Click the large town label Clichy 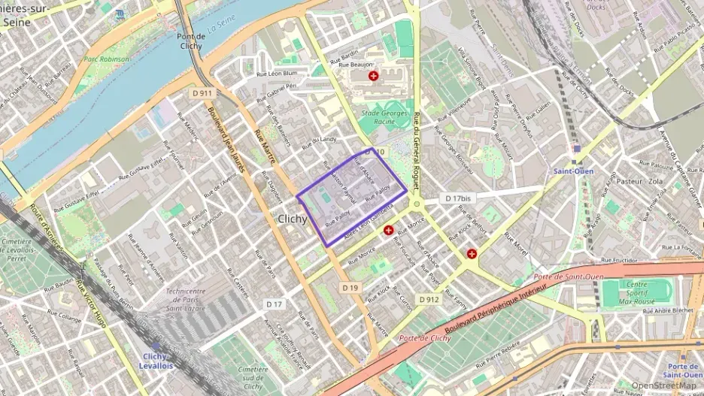[293, 219]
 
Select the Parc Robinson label [107, 58]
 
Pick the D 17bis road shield [457, 198]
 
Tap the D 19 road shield [350, 287]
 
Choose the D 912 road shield [429, 299]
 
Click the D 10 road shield [375, 152]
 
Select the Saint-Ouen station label [575, 171]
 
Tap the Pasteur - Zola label [638, 182]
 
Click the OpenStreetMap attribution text [663, 385]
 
